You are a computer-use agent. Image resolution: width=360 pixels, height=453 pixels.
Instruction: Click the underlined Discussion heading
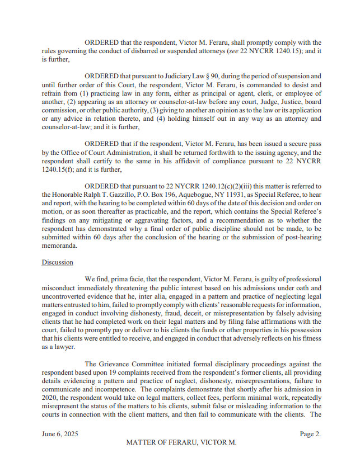[x=57, y=262]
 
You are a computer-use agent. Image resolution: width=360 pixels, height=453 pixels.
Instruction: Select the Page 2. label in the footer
[x=310, y=433]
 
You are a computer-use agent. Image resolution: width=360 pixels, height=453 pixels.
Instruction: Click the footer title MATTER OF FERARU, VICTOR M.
[x=181, y=442]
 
